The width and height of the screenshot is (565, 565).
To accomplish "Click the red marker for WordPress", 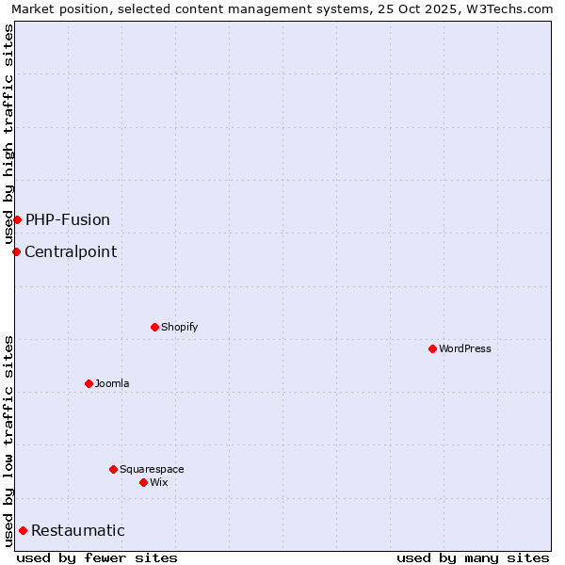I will (x=432, y=348).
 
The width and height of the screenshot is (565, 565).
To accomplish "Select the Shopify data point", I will (x=154, y=327).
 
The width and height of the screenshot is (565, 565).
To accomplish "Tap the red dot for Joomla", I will (x=89, y=383).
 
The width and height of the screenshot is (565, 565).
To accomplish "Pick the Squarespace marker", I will (x=113, y=469).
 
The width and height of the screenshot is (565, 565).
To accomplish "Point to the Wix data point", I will (x=143, y=482).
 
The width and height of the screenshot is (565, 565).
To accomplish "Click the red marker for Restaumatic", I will (x=23, y=530).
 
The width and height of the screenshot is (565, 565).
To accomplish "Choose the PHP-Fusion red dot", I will (x=17, y=219).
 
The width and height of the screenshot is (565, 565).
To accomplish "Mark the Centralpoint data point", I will (x=16, y=251).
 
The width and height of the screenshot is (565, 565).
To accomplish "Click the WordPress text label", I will (x=465, y=349).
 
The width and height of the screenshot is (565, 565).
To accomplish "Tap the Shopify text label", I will (x=179, y=328).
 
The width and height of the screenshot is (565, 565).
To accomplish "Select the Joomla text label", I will (x=112, y=384).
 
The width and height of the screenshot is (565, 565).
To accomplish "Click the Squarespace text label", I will (x=152, y=470).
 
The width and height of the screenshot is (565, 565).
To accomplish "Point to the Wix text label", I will (x=159, y=483).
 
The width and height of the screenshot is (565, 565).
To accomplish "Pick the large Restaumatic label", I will (x=78, y=531).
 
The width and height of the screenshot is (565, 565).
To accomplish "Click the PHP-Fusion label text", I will (x=68, y=220).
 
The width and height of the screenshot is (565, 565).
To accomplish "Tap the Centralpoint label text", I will (x=71, y=252).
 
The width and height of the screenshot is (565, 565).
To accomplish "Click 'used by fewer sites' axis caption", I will (x=97, y=557).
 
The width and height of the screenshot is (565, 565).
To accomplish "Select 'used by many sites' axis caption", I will (x=473, y=557).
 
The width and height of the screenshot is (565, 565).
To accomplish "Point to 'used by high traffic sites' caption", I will (x=9, y=134).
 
